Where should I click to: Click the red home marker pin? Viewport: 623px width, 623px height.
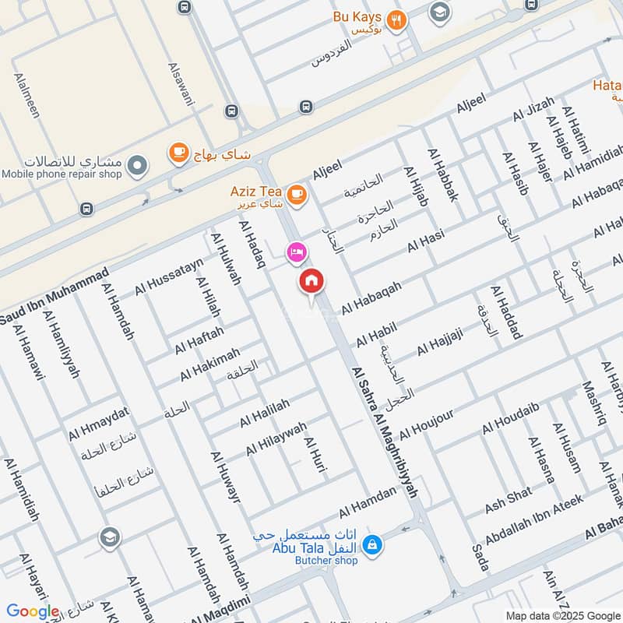pyautogui.click(x=311, y=281)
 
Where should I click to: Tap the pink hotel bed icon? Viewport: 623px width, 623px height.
pyautogui.click(x=297, y=252)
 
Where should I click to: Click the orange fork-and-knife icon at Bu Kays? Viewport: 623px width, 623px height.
pyautogui.click(x=397, y=21)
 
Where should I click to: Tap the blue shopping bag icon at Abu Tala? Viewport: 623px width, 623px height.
pyautogui.click(x=373, y=544)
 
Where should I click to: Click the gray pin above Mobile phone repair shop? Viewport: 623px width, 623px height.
pyautogui.click(x=137, y=165)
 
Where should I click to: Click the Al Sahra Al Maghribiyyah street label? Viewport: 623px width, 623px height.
pyautogui.click(x=385, y=432)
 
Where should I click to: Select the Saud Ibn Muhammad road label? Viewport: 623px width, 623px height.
pyautogui.click(x=55, y=297)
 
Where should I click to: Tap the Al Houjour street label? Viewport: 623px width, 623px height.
pyautogui.click(x=426, y=421)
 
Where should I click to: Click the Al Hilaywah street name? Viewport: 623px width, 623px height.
pyautogui.click(x=276, y=438)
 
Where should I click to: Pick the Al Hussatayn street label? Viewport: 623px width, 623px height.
pyautogui.click(x=169, y=276)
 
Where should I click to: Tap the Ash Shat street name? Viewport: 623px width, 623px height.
pyautogui.click(x=509, y=500)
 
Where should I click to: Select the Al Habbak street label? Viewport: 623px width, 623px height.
pyautogui.click(x=442, y=175)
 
